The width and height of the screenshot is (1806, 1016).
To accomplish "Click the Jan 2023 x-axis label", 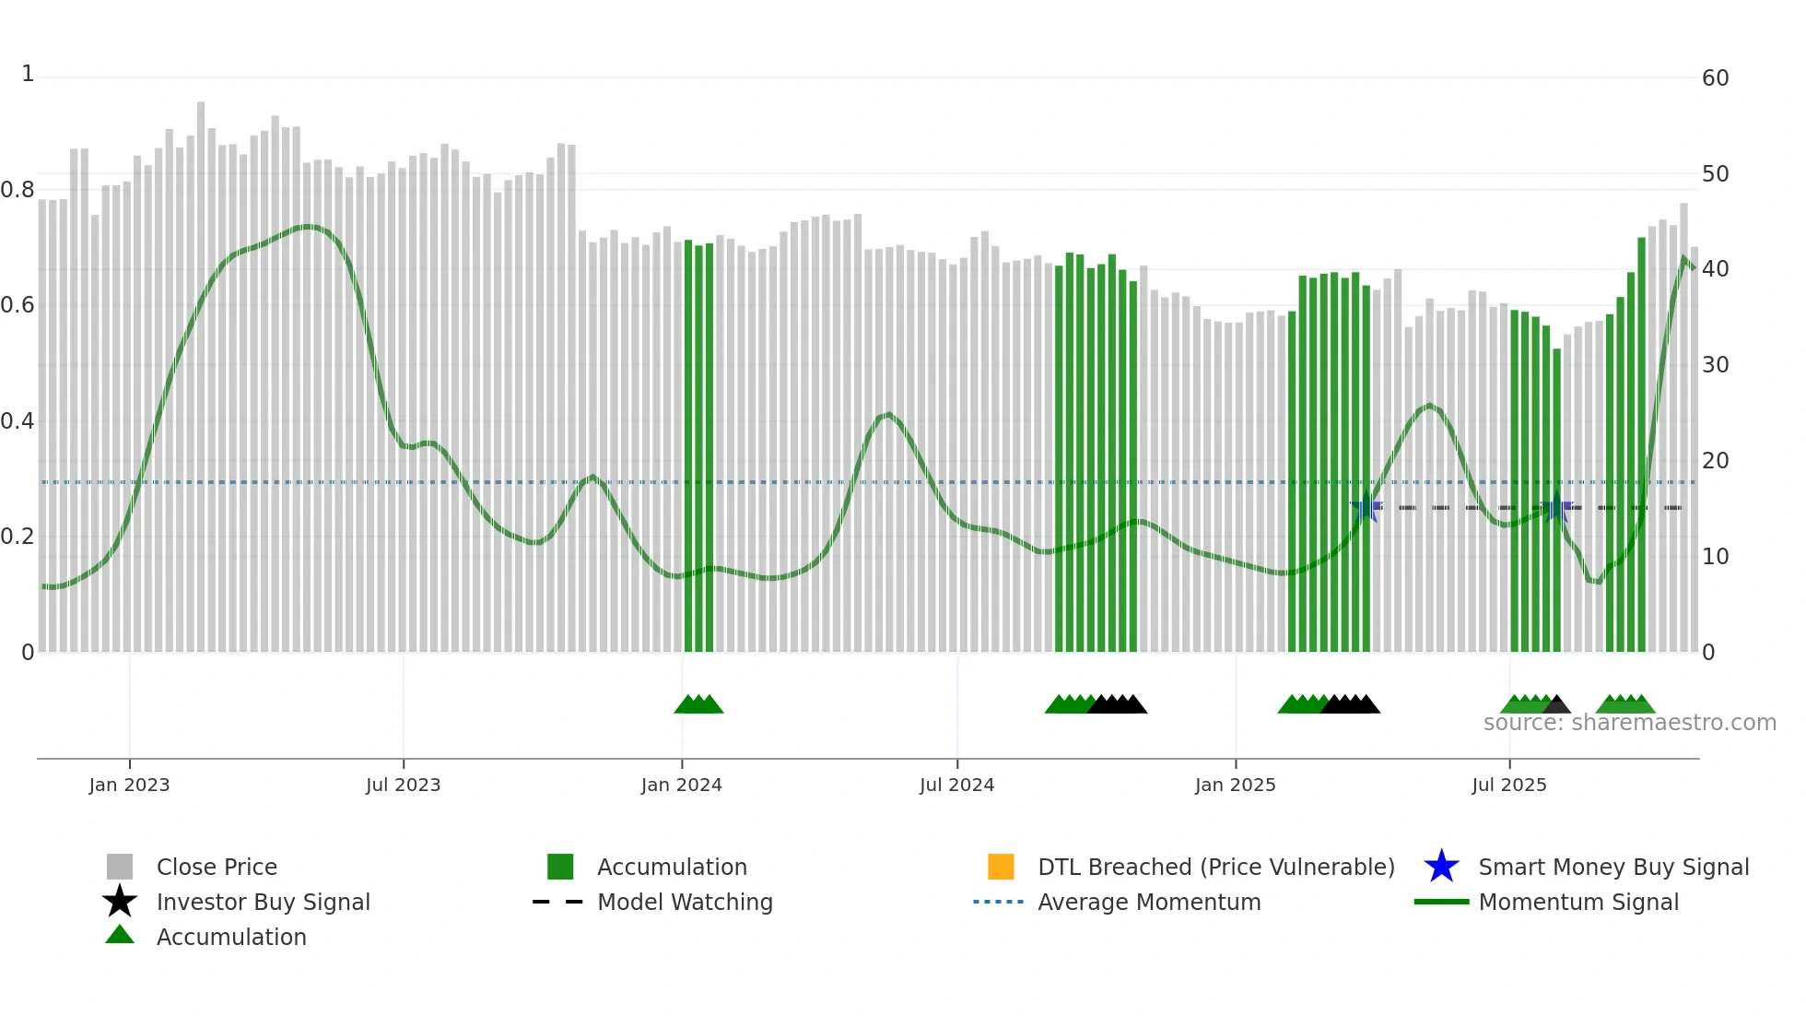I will [x=129, y=785].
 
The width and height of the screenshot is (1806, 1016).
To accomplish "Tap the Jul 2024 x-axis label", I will [x=956, y=785].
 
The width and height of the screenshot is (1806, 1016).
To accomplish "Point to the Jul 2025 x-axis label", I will [x=1508, y=785].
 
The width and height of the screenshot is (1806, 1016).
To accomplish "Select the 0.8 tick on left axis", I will [x=18, y=190].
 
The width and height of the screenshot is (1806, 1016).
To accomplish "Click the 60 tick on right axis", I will [x=1715, y=78].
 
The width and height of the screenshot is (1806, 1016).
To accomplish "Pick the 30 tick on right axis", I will [x=1715, y=365].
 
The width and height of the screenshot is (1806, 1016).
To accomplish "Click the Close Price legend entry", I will [x=216, y=867].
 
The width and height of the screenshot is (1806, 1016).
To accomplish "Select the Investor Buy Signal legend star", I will [x=120, y=902].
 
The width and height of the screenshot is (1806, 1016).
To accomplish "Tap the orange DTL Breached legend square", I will [x=1001, y=867].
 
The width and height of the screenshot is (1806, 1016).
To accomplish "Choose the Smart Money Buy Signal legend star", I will [x=1441, y=867].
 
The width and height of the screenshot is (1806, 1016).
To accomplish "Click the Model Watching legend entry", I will [x=684, y=902].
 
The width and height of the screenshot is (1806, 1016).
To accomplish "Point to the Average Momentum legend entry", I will [x=1148, y=902].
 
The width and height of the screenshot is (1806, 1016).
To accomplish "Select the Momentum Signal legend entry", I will [x=1577, y=902].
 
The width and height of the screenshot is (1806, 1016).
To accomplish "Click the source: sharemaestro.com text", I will [x=1629, y=723].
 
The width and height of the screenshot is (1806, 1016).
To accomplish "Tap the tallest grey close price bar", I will [x=201, y=369].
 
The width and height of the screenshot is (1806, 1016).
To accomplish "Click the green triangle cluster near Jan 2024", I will [x=698, y=704].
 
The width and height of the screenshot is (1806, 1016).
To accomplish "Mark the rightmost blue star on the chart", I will [x=1556, y=507].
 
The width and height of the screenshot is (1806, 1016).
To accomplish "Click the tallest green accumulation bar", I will [x=1641, y=443].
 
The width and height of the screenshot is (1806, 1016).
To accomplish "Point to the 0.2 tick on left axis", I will [x=18, y=537].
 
